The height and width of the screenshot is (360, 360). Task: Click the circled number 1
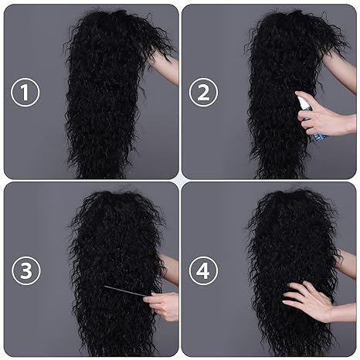[x=25, y=93]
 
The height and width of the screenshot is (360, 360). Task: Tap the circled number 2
[x=203, y=93]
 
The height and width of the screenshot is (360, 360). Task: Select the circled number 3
[x=25, y=270]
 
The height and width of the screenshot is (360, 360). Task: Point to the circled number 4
[x=203, y=270]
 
